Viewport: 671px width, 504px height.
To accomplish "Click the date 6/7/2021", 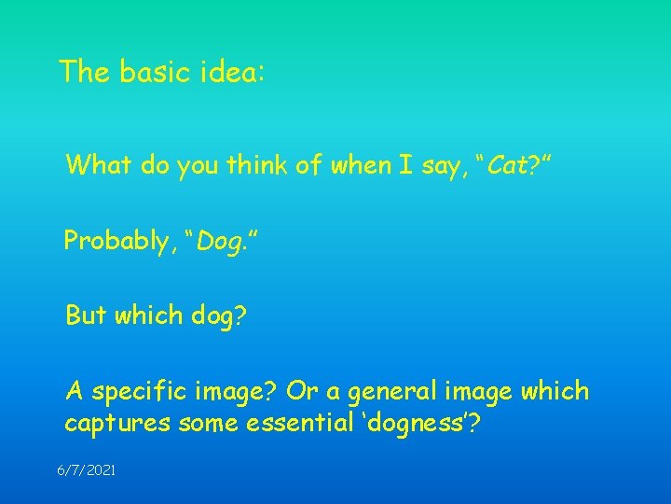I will (87, 471).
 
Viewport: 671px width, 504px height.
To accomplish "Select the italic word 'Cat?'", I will (510, 166).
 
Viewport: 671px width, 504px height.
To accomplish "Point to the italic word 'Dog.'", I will (222, 241).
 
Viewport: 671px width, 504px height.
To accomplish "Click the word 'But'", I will (86, 315).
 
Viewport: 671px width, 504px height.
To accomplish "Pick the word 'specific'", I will (138, 390).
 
